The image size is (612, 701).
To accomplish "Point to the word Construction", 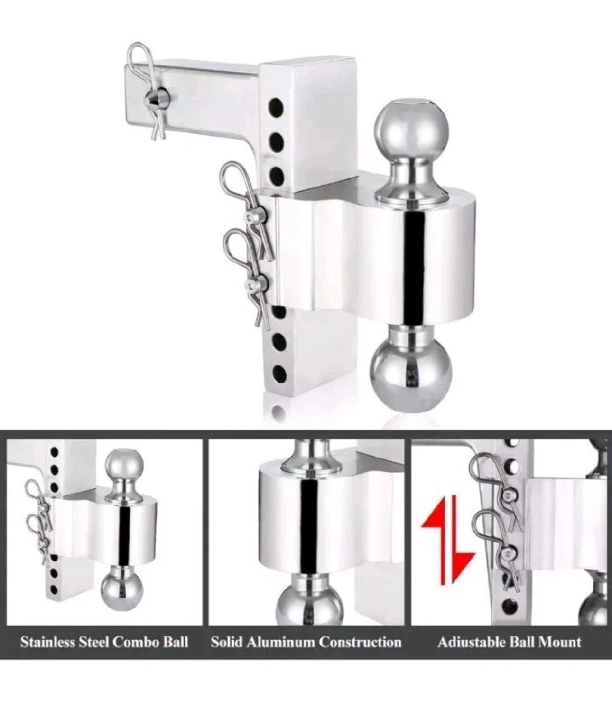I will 360,642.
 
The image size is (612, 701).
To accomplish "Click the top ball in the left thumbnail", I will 124,468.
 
